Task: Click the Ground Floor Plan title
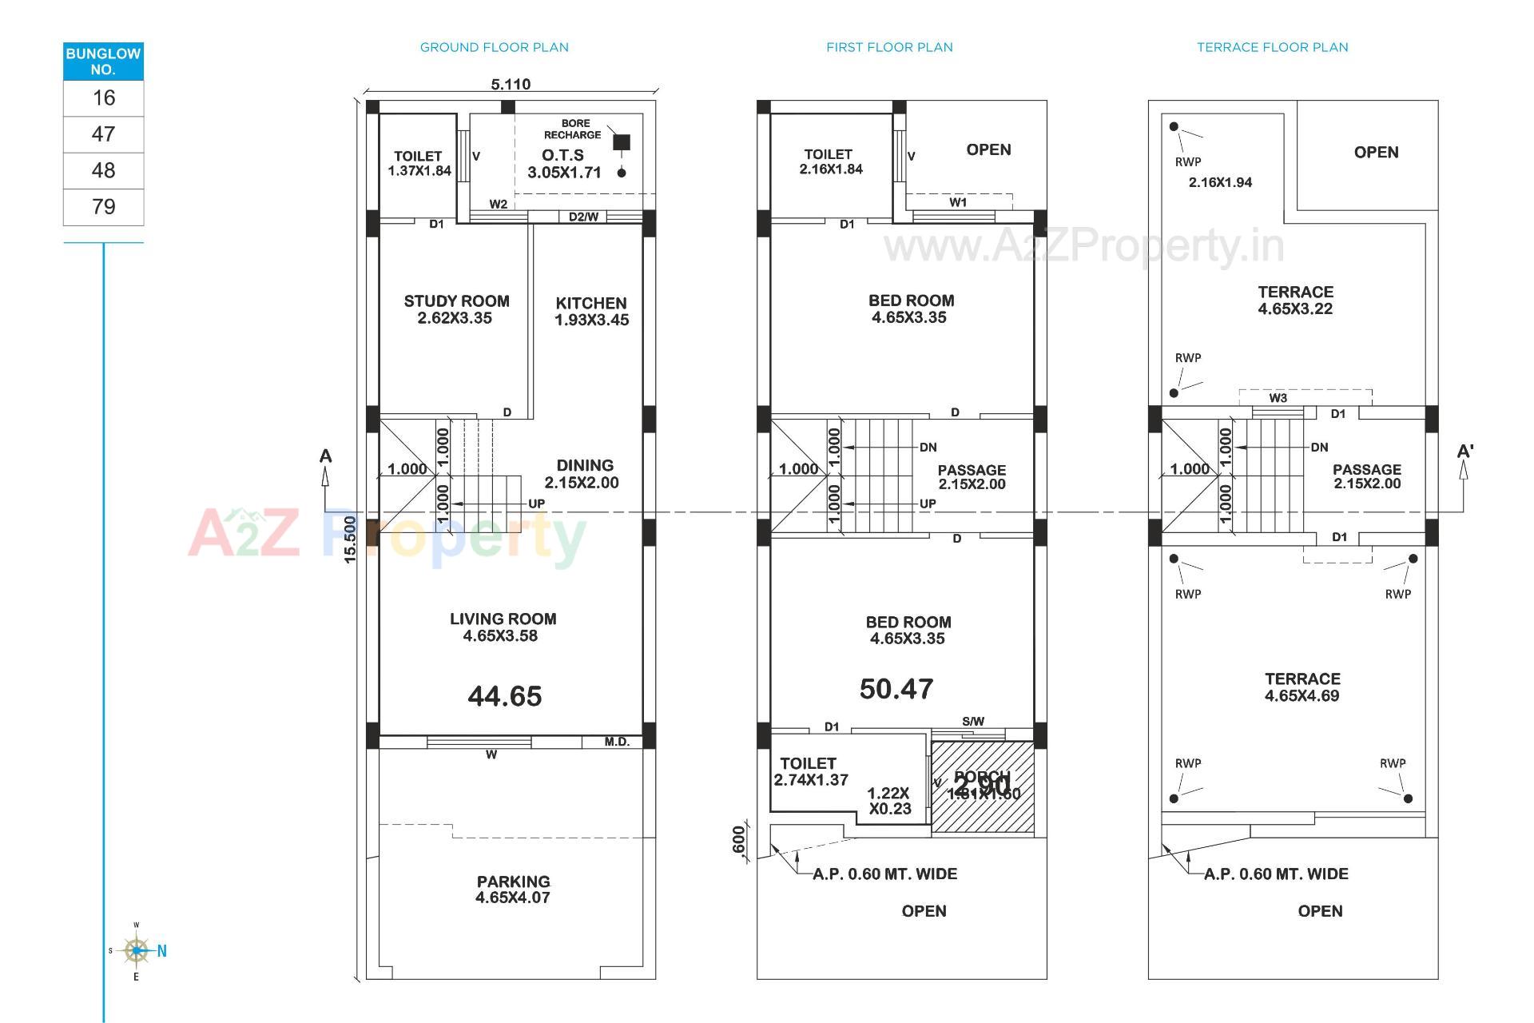[x=495, y=47]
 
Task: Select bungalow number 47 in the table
[x=103, y=134]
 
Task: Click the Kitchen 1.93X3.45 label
[x=591, y=311]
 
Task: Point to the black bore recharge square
[x=621, y=142]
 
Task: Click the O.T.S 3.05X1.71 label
[x=563, y=164]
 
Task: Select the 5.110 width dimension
[x=511, y=84]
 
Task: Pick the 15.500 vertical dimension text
[x=350, y=539]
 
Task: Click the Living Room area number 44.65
[x=505, y=696]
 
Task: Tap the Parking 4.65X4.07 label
[x=513, y=889]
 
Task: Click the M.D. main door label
[x=617, y=742]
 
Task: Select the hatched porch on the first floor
[x=983, y=787]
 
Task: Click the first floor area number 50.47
[x=896, y=689]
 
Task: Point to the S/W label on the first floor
[x=973, y=721]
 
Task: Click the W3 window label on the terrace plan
[x=1278, y=398]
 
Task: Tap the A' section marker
[x=1464, y=452]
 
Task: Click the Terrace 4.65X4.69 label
[x=1302, y=687]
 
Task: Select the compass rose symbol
[x=137, y=950]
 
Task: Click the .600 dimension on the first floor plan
[x=739, y=839]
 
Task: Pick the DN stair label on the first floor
[x=928, y=447]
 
